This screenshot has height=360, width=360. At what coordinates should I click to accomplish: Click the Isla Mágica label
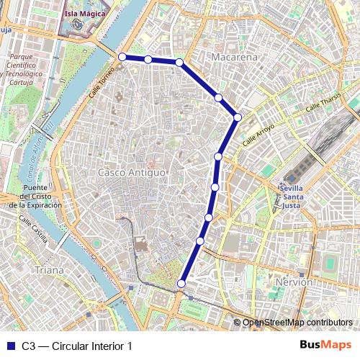[85, 13]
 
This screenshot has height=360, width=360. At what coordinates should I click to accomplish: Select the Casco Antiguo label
[132, 173]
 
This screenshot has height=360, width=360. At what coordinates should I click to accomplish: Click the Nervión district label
[294, 282]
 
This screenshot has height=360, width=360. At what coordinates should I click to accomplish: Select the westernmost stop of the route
[122, 57]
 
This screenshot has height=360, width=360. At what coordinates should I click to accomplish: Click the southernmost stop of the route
[181, 284]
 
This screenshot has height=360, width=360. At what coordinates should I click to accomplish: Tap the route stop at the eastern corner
[237, 117]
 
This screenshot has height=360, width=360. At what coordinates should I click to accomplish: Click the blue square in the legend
[10, 346]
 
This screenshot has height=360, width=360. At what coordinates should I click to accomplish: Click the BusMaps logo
[325, 346]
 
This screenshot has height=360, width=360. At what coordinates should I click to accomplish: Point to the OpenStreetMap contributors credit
[297, 323]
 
